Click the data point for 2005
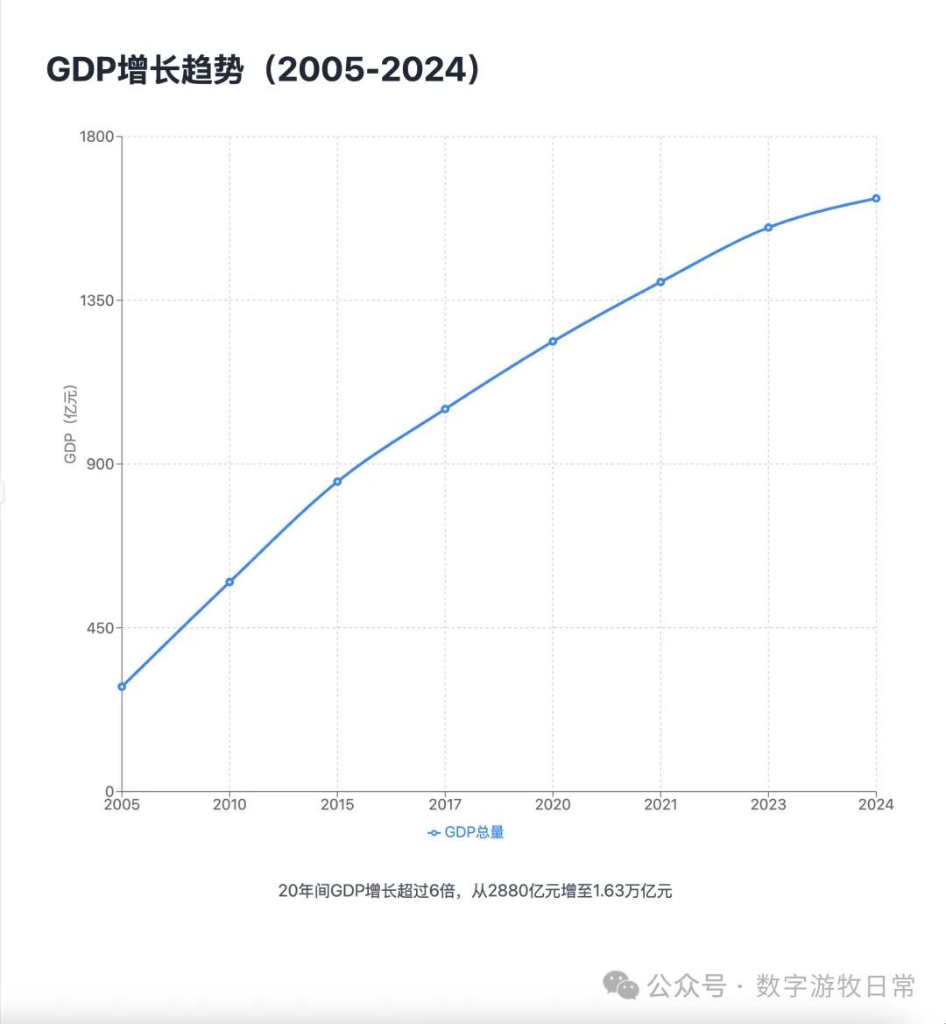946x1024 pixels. [x=122, y=686]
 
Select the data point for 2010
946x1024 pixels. [x=229, y=582]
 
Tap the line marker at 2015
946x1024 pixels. [x=337, y=481]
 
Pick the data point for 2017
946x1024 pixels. [x=445, y=408]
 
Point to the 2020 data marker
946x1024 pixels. [x=553, y=341]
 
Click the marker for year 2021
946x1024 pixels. [x=660, y=281]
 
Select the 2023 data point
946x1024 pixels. [x=768, y=227]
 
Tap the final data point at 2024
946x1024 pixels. [x=876, y=198]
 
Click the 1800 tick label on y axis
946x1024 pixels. [x=97, y=137]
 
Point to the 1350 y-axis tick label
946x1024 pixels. [x=97, y=300]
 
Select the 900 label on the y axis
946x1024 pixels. [x=102, y=464]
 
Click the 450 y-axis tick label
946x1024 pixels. [x=102, y=628]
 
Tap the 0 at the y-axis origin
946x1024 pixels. [x=109, y=791]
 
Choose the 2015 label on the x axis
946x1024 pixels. [x=337, y=805]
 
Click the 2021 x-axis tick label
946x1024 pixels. [x=660, y=805]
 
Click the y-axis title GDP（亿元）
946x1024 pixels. [x=71, y=425]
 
